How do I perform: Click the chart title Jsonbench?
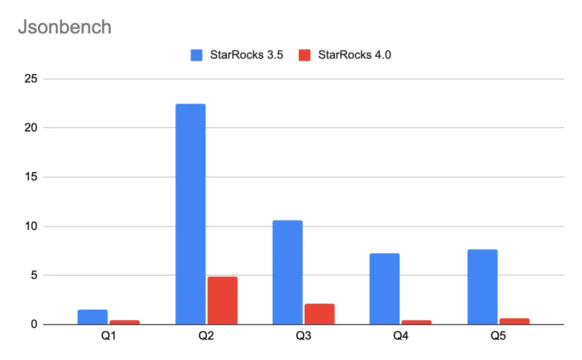(65, 27)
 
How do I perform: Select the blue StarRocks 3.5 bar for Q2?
(190, 214)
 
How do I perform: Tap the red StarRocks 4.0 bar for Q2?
(223, 300)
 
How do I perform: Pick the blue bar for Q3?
(287, 272)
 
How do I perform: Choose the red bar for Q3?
(320, 314)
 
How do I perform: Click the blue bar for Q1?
(93, 317)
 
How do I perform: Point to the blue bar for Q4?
(384, 289)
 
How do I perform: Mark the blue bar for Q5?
(482, 287)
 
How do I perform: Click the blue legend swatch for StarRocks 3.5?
(197, 55)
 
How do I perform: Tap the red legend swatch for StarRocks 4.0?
(304, 55)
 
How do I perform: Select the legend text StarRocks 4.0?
(354, 55)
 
